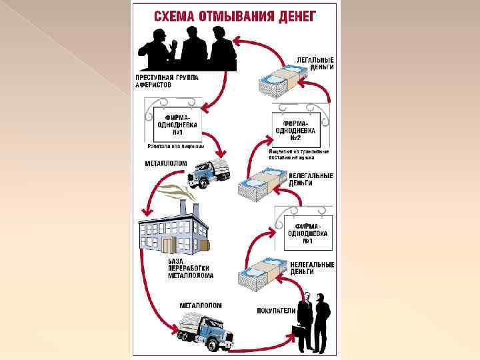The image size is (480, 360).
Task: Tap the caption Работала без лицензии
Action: pyautogui.click(x=175, y=145)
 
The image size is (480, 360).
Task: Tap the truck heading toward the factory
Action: pyautogui.click(x=208, y=173)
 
